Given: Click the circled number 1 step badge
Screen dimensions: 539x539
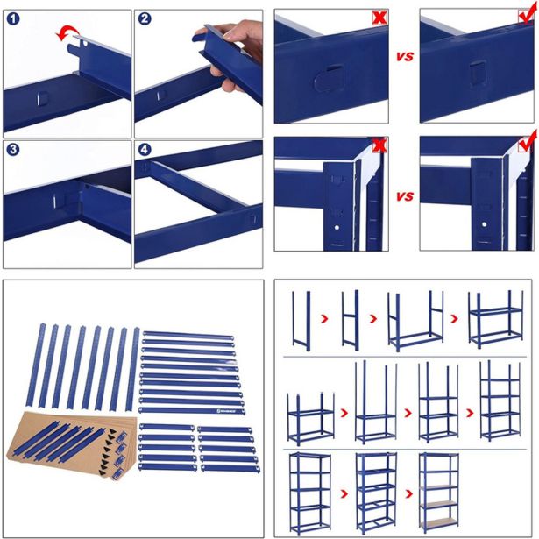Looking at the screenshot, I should pos(14,19).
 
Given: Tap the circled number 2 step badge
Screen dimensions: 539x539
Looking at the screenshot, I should pos(145,19).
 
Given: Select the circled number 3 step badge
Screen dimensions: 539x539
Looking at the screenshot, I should pos(14,150).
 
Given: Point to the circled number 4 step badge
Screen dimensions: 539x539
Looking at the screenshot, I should pos(145,150).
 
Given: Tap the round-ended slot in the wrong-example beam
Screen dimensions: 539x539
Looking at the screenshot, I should pos(326,79).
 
